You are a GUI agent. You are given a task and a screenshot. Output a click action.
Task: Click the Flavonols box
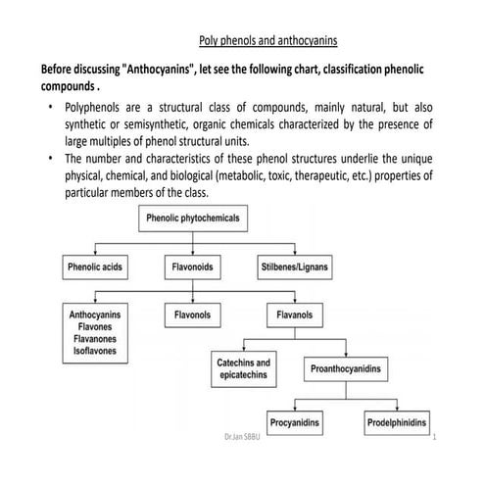tap(193, 316)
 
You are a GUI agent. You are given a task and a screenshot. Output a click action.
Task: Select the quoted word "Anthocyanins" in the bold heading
tap(163, 72)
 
